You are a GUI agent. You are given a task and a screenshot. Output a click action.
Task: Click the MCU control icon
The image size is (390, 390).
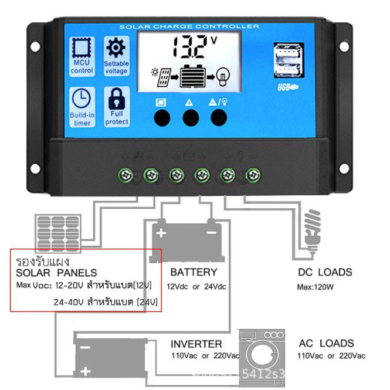tap(82, 49)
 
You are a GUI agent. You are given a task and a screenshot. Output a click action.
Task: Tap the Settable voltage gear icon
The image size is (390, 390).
tap(116, 47)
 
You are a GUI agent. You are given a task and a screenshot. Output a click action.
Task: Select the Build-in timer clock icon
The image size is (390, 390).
tap(82, 97)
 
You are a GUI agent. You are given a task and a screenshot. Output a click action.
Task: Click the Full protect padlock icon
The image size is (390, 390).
tap(116, 97)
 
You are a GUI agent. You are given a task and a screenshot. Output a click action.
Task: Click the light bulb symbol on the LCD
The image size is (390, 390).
tap(222, 75)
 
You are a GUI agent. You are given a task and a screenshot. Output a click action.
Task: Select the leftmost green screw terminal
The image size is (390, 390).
tap(126, 174)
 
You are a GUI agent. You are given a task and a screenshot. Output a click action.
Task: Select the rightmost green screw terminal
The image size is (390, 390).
tap(253, 174)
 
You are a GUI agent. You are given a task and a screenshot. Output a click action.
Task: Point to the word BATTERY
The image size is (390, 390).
tap(194, 272)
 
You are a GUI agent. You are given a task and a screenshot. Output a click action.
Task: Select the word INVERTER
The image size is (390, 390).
tap(196, 344)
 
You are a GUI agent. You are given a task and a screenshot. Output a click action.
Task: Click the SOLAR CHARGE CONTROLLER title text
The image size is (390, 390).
tap(189, 27)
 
